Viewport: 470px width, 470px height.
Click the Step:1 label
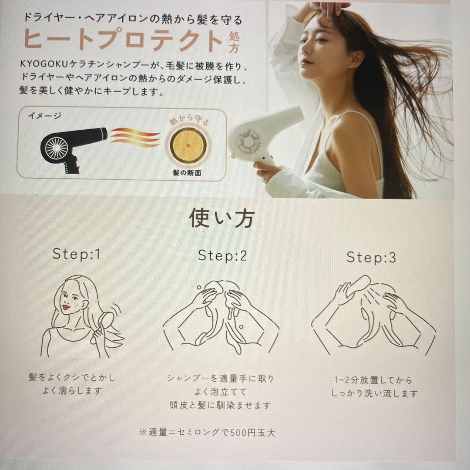[76, 254]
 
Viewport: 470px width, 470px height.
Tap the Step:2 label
[222, 255]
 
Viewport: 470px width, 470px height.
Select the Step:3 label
[371, 257]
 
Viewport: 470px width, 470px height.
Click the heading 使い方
[222, 218]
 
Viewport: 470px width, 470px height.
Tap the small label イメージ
[44, 116]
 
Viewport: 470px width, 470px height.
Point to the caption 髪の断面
[187, 172]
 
